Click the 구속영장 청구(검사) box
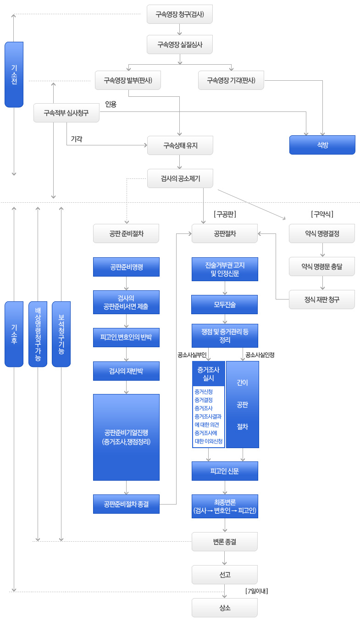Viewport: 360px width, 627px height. pos(180,14)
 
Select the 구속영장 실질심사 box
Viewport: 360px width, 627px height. pos(180,44)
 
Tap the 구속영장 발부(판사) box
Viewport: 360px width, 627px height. pos(128,80)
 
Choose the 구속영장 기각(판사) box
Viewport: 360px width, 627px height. pos(231,80)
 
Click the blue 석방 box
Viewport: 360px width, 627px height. pos(322,144)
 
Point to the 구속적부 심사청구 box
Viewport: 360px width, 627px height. pos(66,113)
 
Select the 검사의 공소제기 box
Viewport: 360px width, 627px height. pos(180,178)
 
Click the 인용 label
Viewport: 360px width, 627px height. pos(111,104)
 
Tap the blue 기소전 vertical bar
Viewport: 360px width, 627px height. pos(14,74)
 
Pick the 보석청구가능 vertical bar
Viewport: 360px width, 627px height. pos(61,334)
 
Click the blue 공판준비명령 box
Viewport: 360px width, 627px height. pos(126,267)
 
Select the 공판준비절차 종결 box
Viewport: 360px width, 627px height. pos(126,504)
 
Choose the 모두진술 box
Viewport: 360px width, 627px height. pos(225,305)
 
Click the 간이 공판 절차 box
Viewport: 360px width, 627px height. pos(243,404)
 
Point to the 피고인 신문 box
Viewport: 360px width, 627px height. pos(225,471)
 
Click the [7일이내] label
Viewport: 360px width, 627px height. pos(256,591)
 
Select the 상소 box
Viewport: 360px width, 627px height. pos(225,608)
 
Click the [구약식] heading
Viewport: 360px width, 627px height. pos(322,214)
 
